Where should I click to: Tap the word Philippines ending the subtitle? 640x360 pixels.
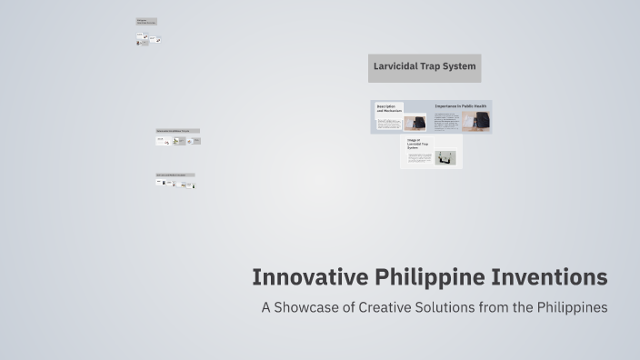click(x=570, y=307)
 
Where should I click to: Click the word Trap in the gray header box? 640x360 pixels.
click(x=438, y=66)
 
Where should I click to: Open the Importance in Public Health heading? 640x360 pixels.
click(x=460, y=106)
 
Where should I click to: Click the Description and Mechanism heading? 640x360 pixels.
click(x=389, y=108)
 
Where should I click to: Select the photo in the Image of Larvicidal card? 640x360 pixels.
click(x=445, y=157)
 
